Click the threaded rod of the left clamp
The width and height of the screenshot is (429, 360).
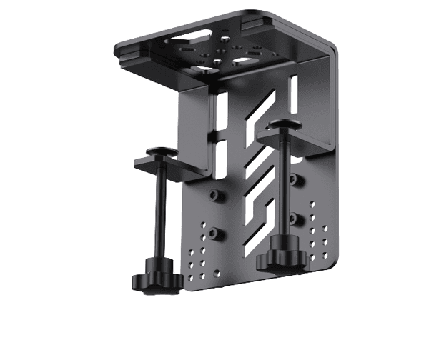pos(159,214)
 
